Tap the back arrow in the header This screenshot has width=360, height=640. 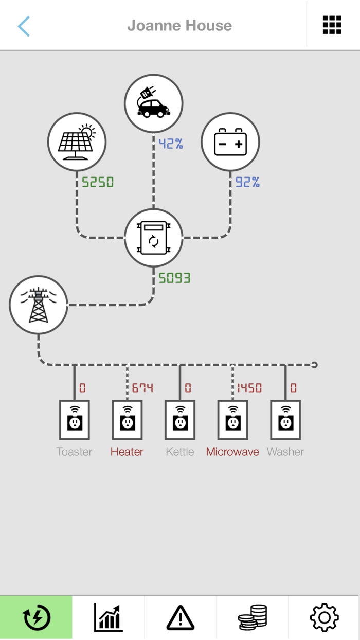(24, 26)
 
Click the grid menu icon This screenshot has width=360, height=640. (332, 25)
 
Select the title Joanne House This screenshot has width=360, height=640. (179, 25)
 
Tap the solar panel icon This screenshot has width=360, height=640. (77, 141)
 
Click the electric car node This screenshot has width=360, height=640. (153, 103)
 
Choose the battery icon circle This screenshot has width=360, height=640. (230, 141)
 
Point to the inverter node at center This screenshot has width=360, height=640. (153, 238)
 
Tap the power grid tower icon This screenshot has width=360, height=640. (39, 305)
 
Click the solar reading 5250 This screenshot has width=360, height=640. (98, 182)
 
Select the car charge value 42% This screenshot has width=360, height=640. (171, 144)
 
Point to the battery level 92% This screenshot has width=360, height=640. (247, 182)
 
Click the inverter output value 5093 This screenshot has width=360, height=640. (174, 278)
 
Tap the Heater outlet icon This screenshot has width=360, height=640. (127, 420)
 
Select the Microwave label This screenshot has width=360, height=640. (232, 452)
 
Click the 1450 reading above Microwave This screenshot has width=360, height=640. (249, 388)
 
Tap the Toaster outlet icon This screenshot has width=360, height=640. (75, 420)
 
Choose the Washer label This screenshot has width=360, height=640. (285, 452)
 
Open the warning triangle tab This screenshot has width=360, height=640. (180, 617)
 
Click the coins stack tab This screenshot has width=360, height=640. (253, 617)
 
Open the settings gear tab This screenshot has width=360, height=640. (324, 617)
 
